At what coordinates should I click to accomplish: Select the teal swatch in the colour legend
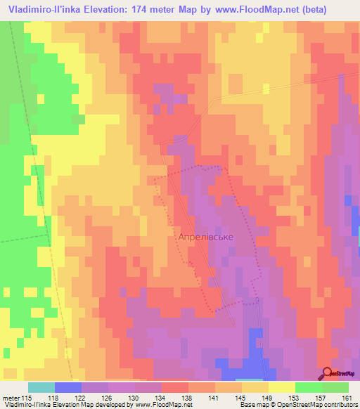41,387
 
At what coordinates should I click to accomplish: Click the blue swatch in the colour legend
68,387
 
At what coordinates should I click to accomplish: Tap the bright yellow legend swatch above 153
281,387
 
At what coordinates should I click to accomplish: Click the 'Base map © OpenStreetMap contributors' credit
297,405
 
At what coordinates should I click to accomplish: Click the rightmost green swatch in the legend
335,387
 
